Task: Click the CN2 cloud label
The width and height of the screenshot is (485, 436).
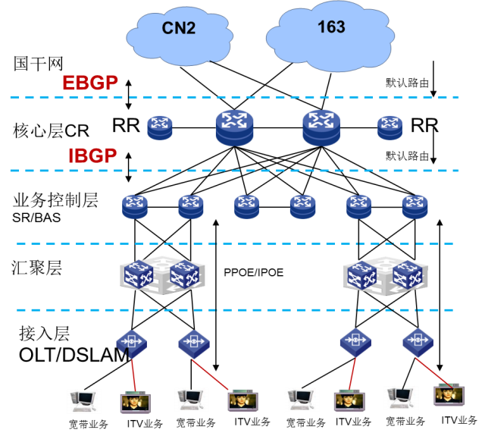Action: pyautogui.click(x=179, y=28)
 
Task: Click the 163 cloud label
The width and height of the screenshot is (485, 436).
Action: pyautogui.click(x=331, y=27)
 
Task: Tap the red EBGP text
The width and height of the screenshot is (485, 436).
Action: pyautogui.click(x=90, y=83)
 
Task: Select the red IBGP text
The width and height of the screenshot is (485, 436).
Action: pyautogui.click(x=92, y=155)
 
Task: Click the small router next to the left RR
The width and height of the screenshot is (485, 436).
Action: pyautogui.click(x=160, y=128)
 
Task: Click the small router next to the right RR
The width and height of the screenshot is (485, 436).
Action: pyautogui.click(x=390, y=127)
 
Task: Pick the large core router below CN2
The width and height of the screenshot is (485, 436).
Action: pyautogui.click(x=234, y=127)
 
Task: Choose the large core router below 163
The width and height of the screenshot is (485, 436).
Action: pyautogui.click(x=321, y=127)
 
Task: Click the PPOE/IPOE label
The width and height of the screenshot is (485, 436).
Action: pyautogui.click(x=254, y=273)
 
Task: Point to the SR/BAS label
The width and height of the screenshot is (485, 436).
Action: pyautogui.click(x=36, y=218)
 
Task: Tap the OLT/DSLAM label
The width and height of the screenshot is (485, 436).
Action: pyautogui.click(x=74, y=355)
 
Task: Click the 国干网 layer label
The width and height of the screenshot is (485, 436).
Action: pyautogui.click(x=39, y=64)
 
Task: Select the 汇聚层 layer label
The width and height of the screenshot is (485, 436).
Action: pyautogui.click(x=37, y=268)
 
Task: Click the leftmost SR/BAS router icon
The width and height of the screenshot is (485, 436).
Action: pyautogui.click(x=135, y=207)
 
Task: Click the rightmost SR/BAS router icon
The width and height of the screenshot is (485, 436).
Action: pyautogui.click(x=415, y=207)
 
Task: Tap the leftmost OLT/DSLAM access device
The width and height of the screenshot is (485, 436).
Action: pyautogui.click(x=131, y=343)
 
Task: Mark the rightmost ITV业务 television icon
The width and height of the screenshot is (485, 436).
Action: pyautogui.click(x=449, y=395)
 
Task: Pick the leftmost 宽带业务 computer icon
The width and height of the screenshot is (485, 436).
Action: pyautogui.click(x=83, y=401)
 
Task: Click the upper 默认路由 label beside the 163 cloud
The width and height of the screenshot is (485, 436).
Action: pyautogui.click(x=407, y=83)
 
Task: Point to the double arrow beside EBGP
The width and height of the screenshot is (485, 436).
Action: pyautogui.click(x=128, y=94)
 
